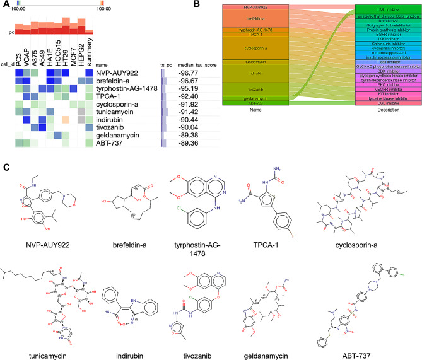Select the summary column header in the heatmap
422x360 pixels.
pos(90,52)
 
